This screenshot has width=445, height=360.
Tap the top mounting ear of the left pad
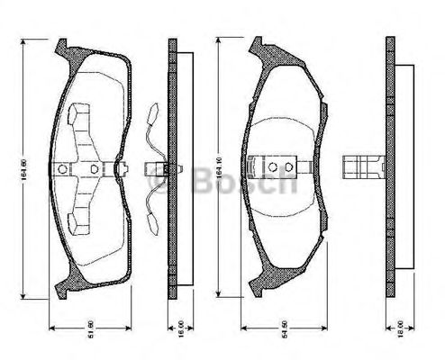click(x=62, y=47)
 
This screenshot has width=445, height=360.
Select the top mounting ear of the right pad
click(x=259, y=46)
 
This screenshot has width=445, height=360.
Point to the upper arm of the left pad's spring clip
click(x=77, y=116)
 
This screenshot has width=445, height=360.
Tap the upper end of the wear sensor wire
click(x=152, y=112)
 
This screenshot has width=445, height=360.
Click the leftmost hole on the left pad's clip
click(x=61, y=167)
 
